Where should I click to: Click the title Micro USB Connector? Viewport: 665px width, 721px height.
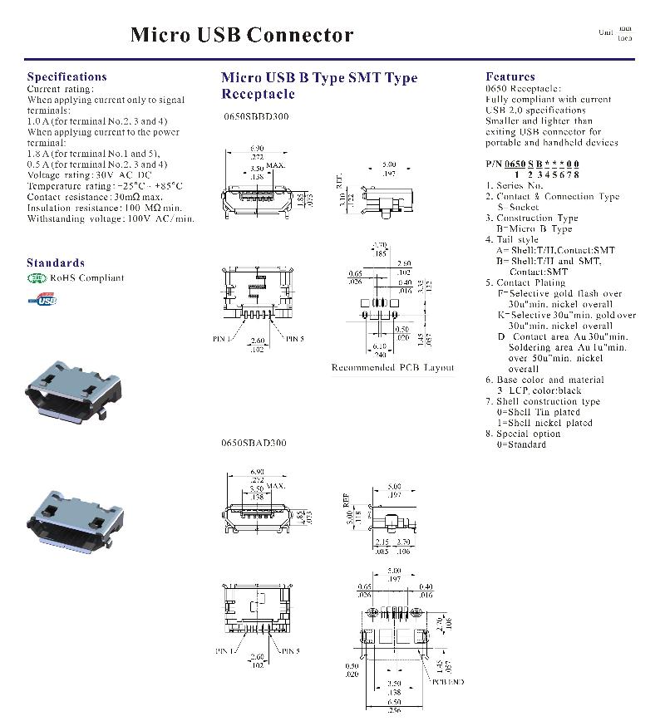(242, 35)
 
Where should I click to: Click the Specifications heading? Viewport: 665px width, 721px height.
(66, 76)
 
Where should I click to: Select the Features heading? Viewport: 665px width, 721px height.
(510, 76)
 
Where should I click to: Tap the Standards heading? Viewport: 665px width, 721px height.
(55, 262)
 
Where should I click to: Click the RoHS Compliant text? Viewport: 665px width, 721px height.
(86, 278)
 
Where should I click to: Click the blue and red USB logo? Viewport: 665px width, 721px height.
(42, 297)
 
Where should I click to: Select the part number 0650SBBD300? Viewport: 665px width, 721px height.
(256, 117)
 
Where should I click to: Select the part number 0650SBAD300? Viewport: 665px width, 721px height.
(254, 443)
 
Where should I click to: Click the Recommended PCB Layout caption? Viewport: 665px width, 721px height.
(392, 367)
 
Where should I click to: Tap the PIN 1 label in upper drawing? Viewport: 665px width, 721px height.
(223, 339)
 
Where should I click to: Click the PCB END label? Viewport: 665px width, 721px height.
(447, 681)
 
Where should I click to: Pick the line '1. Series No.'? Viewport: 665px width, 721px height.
(520, 186)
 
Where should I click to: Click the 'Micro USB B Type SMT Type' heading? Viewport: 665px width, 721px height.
(319, 78)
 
